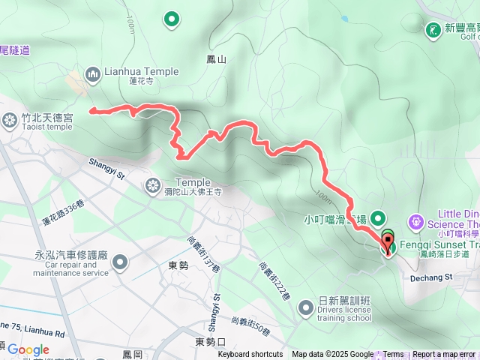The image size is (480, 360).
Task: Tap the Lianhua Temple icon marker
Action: point(93,73)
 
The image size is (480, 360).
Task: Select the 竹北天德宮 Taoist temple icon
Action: point(10,120)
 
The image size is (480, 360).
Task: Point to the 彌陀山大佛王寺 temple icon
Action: point(153,184)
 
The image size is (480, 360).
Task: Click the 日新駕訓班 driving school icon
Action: point(306,307)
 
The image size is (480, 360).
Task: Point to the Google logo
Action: point(28,349)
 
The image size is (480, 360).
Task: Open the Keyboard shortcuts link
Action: point(250,355)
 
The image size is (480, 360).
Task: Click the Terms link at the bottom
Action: point(394,355)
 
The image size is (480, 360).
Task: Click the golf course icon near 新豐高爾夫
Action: point(433,30)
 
